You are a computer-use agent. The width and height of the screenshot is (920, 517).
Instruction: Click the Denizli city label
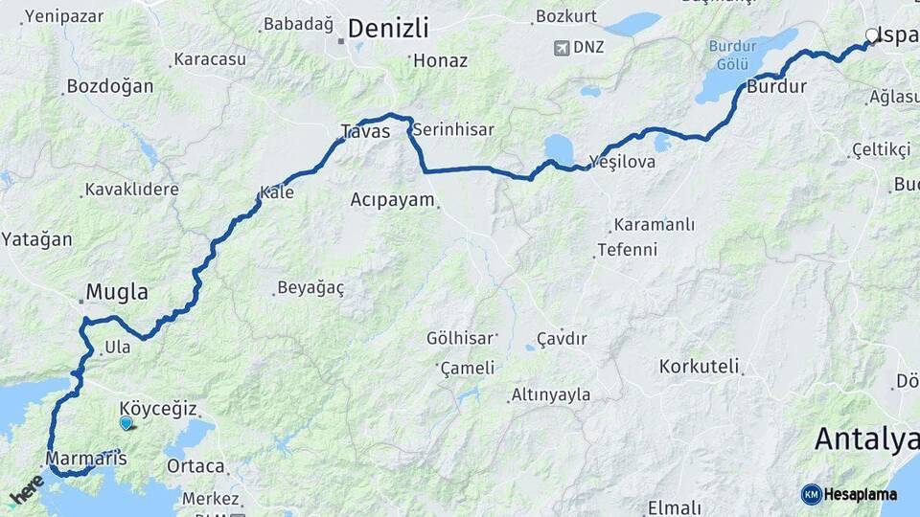388,28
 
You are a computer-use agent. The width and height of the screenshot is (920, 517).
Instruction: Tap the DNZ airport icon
561,47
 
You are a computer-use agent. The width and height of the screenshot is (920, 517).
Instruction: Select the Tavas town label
365,132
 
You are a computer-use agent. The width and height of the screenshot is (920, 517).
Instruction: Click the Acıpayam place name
393,200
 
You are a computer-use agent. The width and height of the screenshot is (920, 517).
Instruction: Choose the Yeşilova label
622,162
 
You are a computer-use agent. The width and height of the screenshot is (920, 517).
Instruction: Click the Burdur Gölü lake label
733,55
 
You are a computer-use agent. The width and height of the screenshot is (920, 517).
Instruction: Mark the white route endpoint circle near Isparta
871,35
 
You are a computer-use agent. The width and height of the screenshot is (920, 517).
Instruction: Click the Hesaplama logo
850,494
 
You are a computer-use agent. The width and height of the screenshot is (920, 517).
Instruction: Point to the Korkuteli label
699,366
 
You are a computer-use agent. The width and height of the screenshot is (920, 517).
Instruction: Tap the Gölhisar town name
461,338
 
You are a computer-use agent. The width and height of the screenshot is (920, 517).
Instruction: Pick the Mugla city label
117,291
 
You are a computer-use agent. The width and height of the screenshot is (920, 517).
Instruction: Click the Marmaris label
85,459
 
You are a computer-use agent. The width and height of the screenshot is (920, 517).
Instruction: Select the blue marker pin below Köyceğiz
126,422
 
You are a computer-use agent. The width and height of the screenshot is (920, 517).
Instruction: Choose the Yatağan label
36,239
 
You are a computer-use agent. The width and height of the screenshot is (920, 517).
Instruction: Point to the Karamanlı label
654,226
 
